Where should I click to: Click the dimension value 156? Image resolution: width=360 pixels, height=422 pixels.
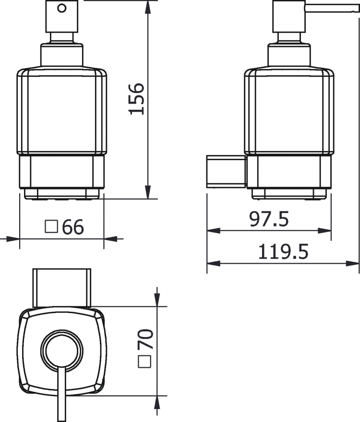(x=137, y=99)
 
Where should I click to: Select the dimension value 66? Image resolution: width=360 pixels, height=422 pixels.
(x=73, y=227)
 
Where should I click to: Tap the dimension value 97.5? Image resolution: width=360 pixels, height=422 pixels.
(x=269, y=219)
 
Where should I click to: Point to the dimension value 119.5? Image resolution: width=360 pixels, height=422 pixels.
(x=283, y=252)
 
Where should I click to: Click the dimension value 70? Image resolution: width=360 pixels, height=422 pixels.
(x=145, y=339)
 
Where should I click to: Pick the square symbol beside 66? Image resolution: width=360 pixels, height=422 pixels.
(x=51, y=227)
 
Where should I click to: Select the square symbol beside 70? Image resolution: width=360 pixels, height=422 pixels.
(x=144, y=362)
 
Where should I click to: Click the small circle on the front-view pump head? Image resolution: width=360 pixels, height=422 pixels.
(x=62, y=8)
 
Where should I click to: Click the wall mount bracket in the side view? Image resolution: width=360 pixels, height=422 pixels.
(x=227, y=172)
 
